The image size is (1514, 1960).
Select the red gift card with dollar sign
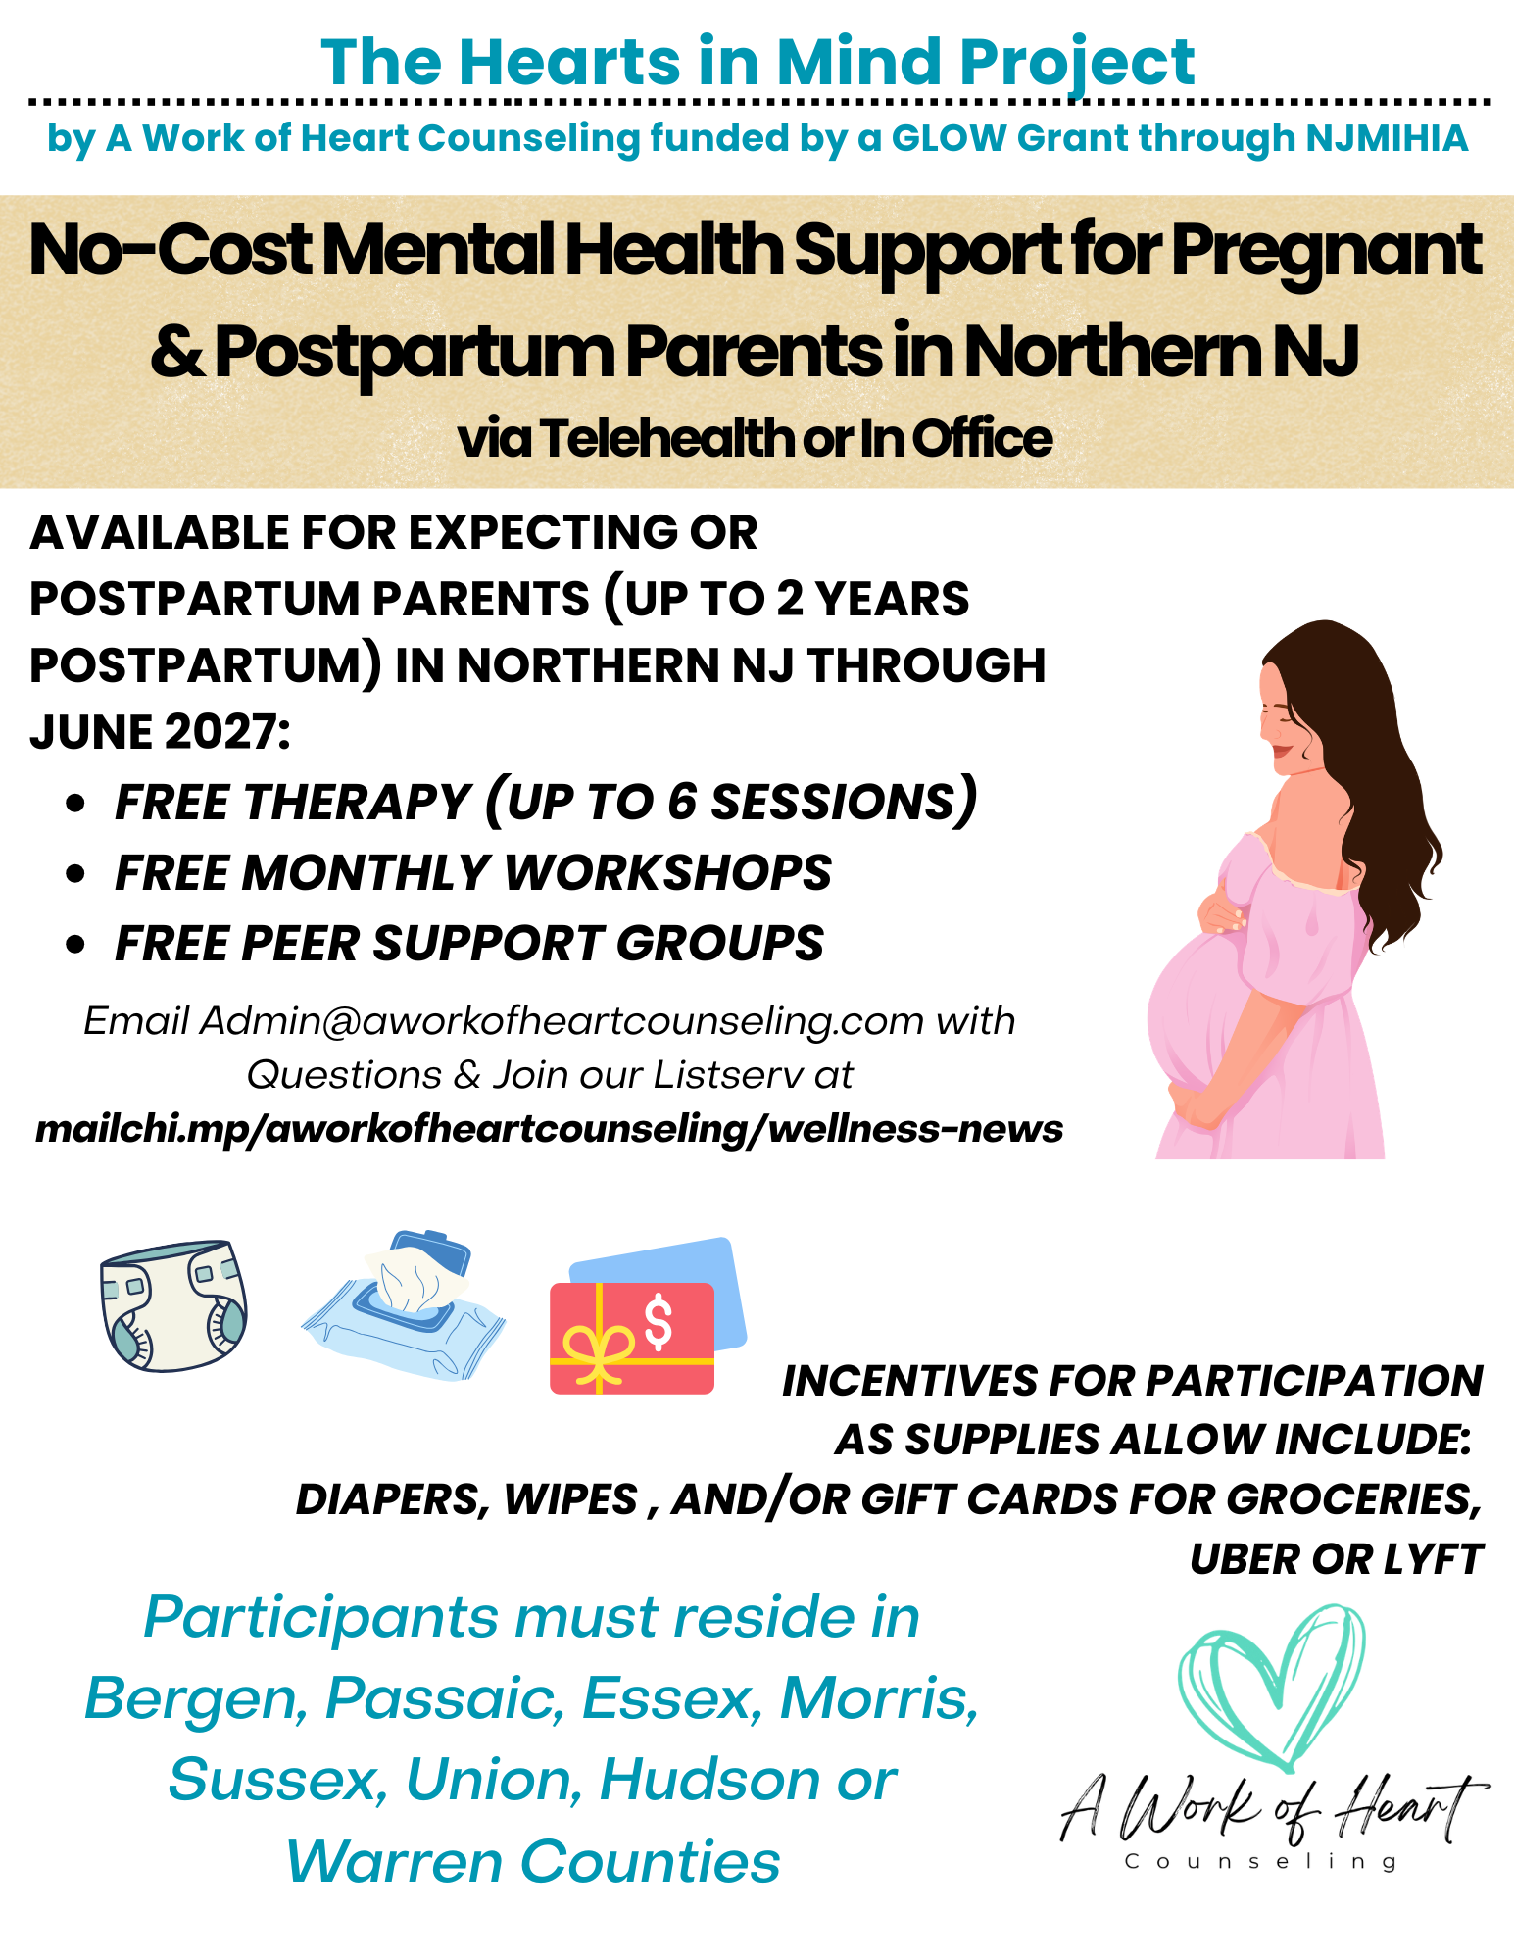point(632,1338)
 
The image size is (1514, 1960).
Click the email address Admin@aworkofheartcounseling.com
point(562,1021)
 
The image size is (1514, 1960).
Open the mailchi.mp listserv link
point(549,1129)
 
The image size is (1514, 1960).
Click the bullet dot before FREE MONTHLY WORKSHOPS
point(75,873)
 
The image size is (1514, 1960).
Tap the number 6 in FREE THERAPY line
point(682,802)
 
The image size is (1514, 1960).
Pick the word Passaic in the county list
point(445,1698)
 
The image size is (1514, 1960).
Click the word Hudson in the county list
point(709,1780)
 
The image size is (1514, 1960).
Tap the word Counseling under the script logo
point(1261,1861)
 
